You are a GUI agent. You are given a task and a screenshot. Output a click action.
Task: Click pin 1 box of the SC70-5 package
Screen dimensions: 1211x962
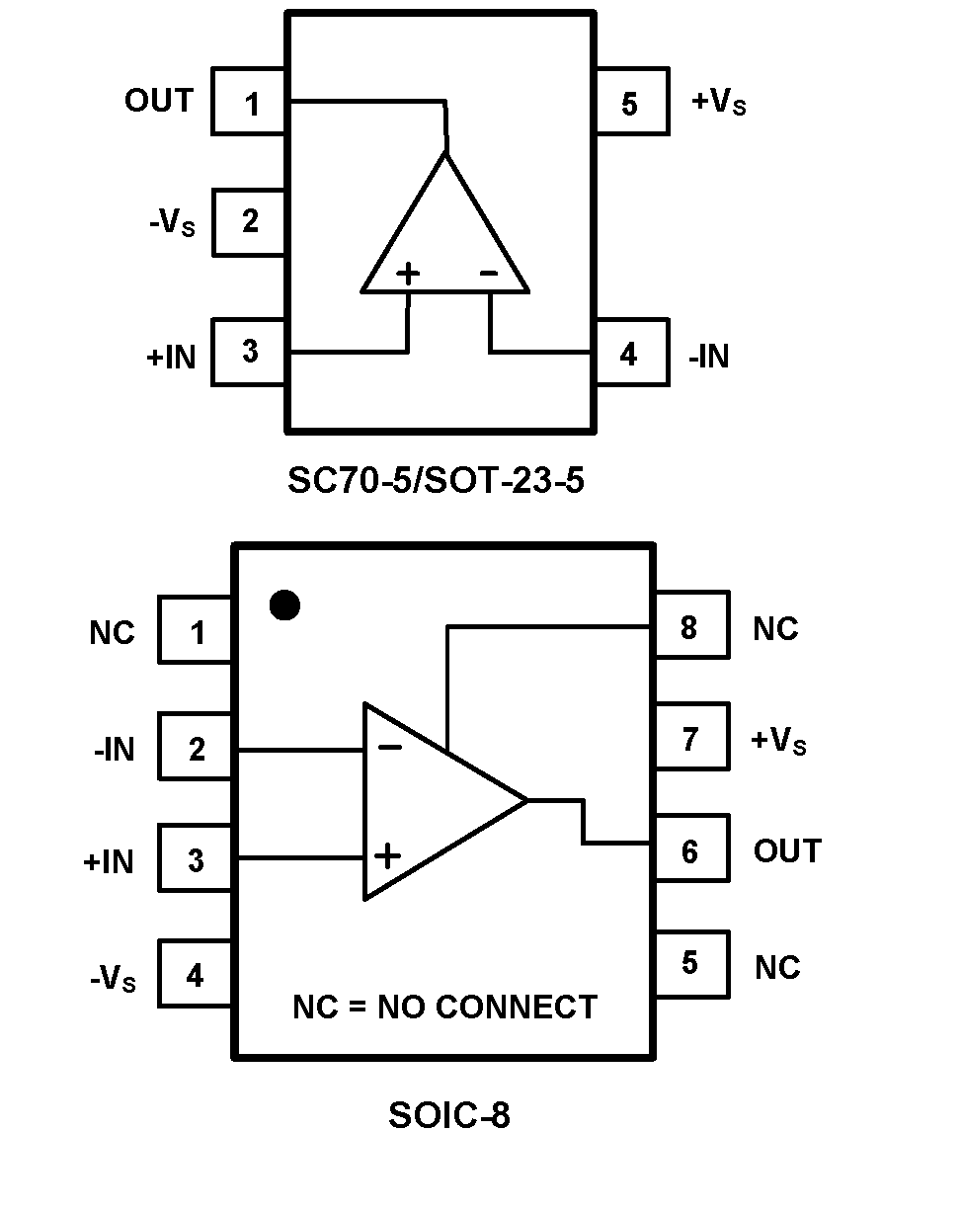tap(250, 102)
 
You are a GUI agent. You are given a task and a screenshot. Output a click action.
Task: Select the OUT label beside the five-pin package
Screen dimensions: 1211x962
tap(159, 101)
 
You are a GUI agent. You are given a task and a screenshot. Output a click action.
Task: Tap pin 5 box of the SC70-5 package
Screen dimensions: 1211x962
tap(630, 104)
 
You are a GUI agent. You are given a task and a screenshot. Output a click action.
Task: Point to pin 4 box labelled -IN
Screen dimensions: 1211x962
tap(630, 355)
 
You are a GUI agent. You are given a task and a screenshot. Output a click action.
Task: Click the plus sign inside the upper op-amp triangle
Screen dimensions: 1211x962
tap(408, 274)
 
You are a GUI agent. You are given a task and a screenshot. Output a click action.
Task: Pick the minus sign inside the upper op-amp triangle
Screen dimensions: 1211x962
tap(489, 274)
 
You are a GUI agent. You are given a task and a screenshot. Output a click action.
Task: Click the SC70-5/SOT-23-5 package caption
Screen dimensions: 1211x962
tap(436, 481)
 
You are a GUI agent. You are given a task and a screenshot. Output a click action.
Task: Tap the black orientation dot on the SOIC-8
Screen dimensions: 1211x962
tap(284, 605)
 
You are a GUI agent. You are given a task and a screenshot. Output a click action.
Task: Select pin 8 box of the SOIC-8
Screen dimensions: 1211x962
tap(689, 626)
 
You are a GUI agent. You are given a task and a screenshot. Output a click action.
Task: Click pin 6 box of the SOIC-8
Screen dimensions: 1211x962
tap(689, 849)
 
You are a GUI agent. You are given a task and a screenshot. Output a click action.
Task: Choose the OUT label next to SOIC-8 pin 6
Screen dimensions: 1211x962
tap(786, 850)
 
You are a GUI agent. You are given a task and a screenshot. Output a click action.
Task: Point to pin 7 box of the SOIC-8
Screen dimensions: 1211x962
tap(689, 738)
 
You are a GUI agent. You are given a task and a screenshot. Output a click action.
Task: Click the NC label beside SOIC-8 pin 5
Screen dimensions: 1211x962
tap(777, 968)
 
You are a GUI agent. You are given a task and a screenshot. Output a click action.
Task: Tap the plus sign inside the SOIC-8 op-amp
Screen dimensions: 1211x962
tap(388, 855)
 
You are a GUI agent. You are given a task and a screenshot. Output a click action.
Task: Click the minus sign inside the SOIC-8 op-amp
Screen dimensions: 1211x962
tap(390, 747)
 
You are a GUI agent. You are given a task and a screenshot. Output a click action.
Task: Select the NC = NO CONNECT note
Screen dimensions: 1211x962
tap(444, 1007)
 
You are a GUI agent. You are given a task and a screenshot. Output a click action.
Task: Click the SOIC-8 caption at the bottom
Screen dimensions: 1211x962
tap(449, 1115)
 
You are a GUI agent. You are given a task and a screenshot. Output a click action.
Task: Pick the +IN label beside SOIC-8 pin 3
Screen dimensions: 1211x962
tap(109, 862)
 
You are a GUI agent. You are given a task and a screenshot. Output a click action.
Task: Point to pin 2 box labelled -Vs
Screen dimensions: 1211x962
tap(250, 221)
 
